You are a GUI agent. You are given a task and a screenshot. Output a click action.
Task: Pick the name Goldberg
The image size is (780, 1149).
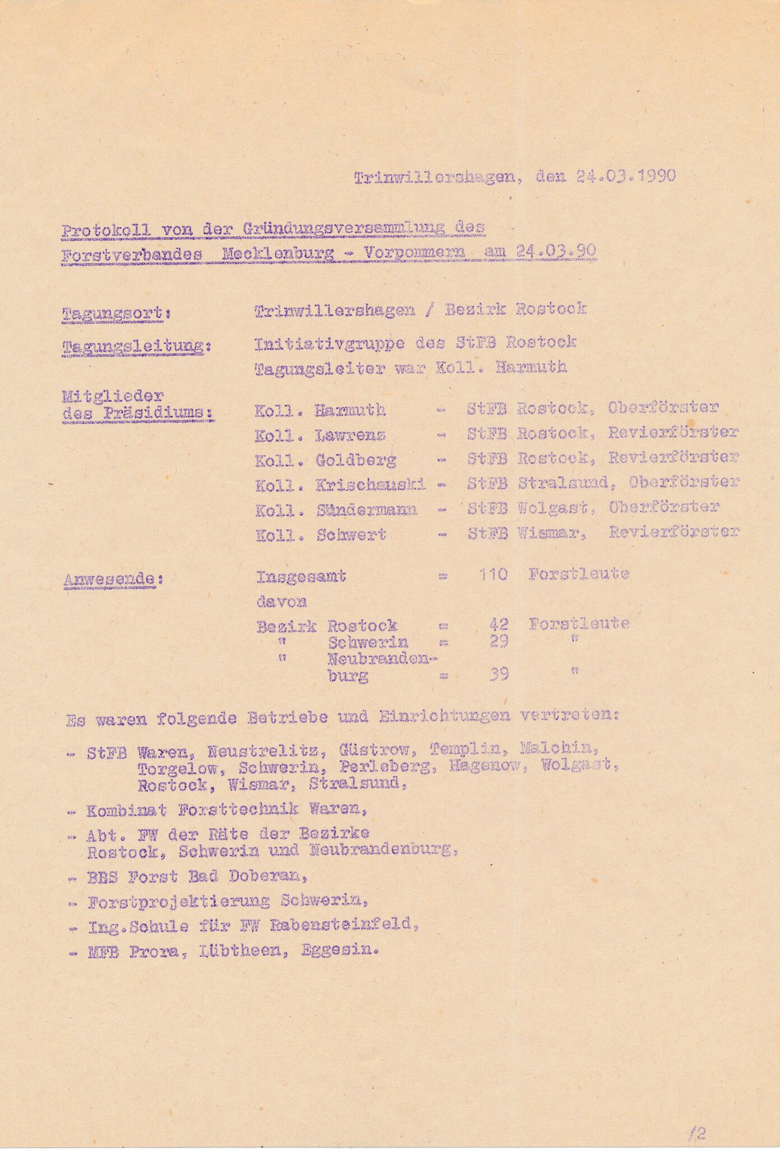[x=356, y=460]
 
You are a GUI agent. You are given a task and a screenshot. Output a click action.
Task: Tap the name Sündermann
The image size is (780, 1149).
[x=366, y=510]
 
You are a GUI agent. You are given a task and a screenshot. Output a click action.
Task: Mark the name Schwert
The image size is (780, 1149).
[x=351, y=535]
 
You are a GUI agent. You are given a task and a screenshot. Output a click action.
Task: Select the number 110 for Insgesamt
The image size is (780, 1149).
[x=493, y=574]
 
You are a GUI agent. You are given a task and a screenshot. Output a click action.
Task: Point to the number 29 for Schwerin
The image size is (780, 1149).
[x=498, y=641]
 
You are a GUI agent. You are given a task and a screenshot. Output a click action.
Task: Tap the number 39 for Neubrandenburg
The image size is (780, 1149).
[x=498, y=674]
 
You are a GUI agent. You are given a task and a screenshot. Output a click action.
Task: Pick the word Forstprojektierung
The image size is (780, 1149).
[x=179, y=902]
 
